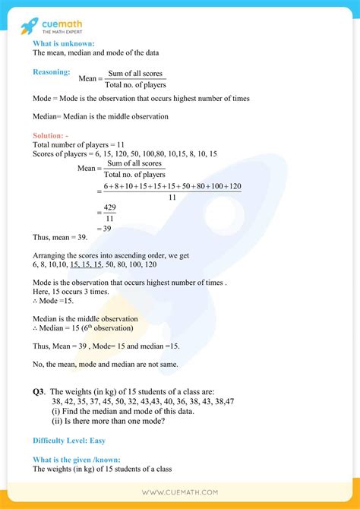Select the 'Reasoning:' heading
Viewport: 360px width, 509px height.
(52, 72)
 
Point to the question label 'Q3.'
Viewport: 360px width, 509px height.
(39, 391)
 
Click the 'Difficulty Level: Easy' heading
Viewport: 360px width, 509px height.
(68, 441)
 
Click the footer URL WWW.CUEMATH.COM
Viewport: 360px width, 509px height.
(180, 492)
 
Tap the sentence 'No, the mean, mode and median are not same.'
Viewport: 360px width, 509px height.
(106, 364)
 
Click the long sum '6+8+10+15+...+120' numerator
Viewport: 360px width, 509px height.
(172, 186)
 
